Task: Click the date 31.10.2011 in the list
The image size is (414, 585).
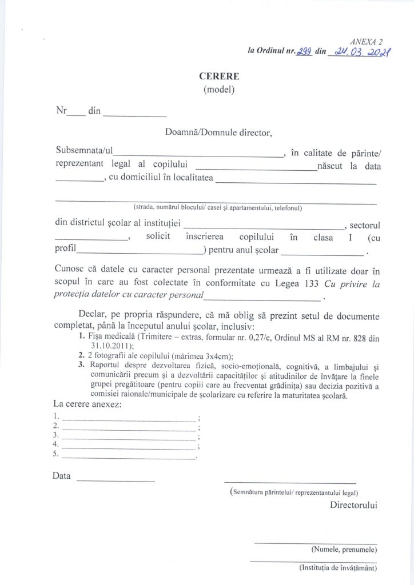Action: click(110, 345)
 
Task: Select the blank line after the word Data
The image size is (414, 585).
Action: click(116, 479)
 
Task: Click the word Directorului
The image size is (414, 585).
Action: click(353, 505)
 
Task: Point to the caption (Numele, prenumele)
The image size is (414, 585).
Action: click(344, 550)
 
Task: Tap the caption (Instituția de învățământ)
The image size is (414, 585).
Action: click(338, 568)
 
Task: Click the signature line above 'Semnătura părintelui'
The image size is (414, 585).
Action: click(290, 483)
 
